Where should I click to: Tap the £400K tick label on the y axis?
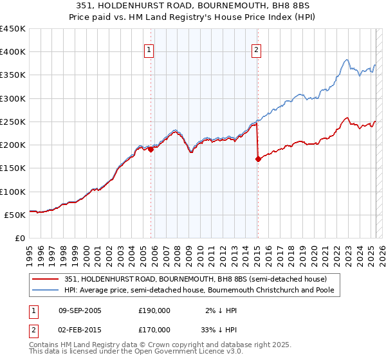(x=12, y=52)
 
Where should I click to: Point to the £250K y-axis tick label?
(x=12, y=122)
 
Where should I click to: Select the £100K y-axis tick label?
(x=12, y=192)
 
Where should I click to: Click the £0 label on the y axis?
(x=20, y=238)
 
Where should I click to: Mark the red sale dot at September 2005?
(x=151, y=150)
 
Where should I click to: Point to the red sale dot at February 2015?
(x=258, y=159)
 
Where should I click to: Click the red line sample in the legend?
(x=46, y=279)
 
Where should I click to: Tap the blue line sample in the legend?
(x=46, y=290)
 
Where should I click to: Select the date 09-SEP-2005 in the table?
(x=82, y=310)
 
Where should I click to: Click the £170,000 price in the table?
(x=154, y=330)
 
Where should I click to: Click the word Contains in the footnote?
(x=44, y=345)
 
